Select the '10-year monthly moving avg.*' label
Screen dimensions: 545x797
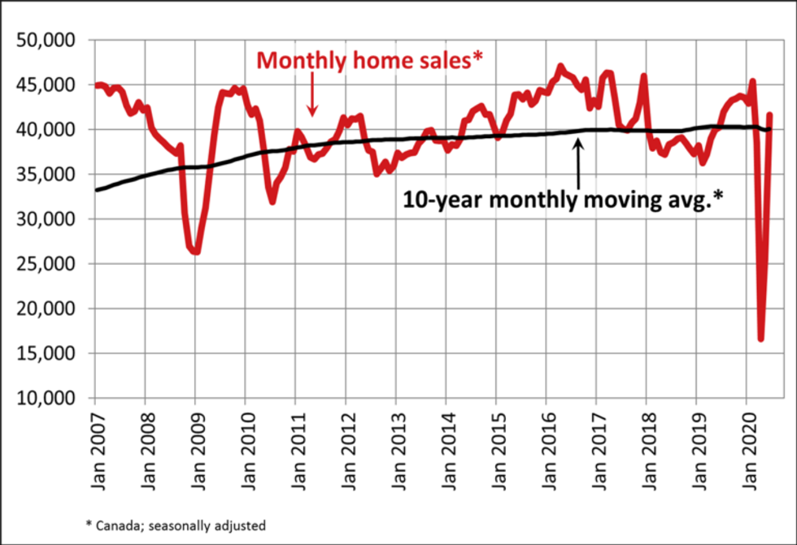[x=563, y=200]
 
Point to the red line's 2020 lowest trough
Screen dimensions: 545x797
[x=761, y=339]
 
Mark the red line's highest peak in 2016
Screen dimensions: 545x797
[x=560, y=66]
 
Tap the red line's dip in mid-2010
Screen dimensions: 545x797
[x=272, y=201]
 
